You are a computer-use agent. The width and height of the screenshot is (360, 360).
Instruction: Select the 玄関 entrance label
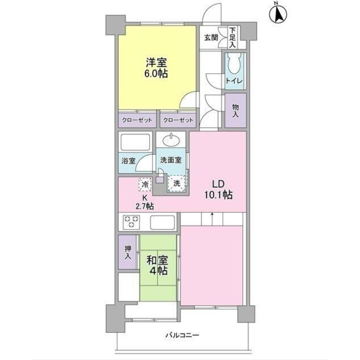pyautogui.click(x=211, y=37)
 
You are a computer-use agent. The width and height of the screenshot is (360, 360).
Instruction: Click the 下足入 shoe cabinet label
pyautogui.click(x=233, y=37)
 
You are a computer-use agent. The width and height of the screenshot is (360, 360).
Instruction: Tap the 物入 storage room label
pyautogui.click(x=235, y=111)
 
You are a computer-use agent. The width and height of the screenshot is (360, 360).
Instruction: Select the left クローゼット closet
pyautogui.click(x=137, y=120)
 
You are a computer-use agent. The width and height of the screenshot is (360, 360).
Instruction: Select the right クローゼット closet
pyautogui.click(x=178, y=120)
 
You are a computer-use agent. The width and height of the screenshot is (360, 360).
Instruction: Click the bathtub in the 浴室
pyautogui.click(x=135, y=142)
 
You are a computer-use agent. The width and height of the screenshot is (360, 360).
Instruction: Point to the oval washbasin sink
pyautogui.click(x=171, y=140)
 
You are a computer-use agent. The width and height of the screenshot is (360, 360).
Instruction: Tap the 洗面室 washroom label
pyautogui.click(x=171, y=160)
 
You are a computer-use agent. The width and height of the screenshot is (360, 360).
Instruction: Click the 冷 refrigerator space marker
pyautogui.click(x=145, y=184)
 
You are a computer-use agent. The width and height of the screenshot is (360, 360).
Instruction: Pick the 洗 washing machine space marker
pyautogui.click(x=176, y=184)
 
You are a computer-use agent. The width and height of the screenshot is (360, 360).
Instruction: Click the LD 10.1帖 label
pyautogui.click(x=218, y=189)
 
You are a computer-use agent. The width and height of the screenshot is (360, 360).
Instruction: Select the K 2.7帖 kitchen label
pyautogui.click(x=145, y=202)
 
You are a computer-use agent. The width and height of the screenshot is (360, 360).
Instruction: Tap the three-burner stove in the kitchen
pyautogui.click(x=131, y=221)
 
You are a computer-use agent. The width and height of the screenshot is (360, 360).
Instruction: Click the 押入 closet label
pyautogui.click(x=128, y=253)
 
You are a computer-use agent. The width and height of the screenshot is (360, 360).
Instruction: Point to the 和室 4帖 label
pyautogui.click(x=158, y=265)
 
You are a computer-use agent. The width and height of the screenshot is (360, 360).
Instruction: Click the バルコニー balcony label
pyautogui.click(x=182, y=335)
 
